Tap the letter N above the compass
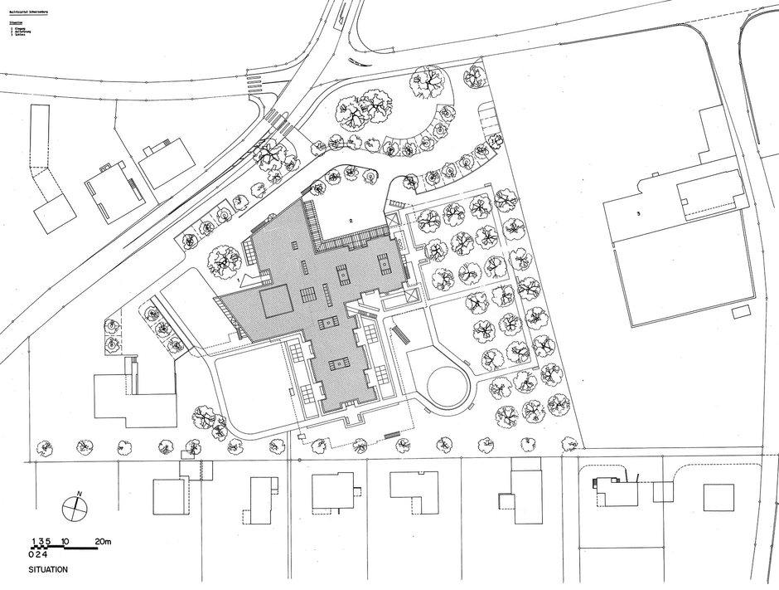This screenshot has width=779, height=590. point(79,495)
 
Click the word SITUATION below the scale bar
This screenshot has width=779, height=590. point(48,571)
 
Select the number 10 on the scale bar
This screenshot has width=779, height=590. point(65,542)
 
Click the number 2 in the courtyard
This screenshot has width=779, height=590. point(351,221)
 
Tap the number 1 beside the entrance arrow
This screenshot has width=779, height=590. point(239,280)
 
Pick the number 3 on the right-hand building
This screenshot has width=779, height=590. point(638,213)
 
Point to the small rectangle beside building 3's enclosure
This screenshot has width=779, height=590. point(743,310)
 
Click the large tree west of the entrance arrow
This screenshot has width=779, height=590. point(223,260)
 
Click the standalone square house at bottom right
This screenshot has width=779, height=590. point(719,496)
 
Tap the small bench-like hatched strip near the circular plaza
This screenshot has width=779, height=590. point(399,334)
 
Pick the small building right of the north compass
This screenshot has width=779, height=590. point(171,496)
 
